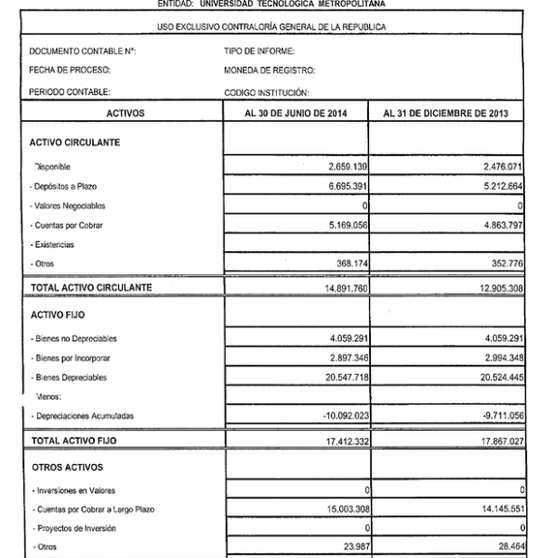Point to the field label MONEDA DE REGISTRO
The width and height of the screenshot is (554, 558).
(270, 71)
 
